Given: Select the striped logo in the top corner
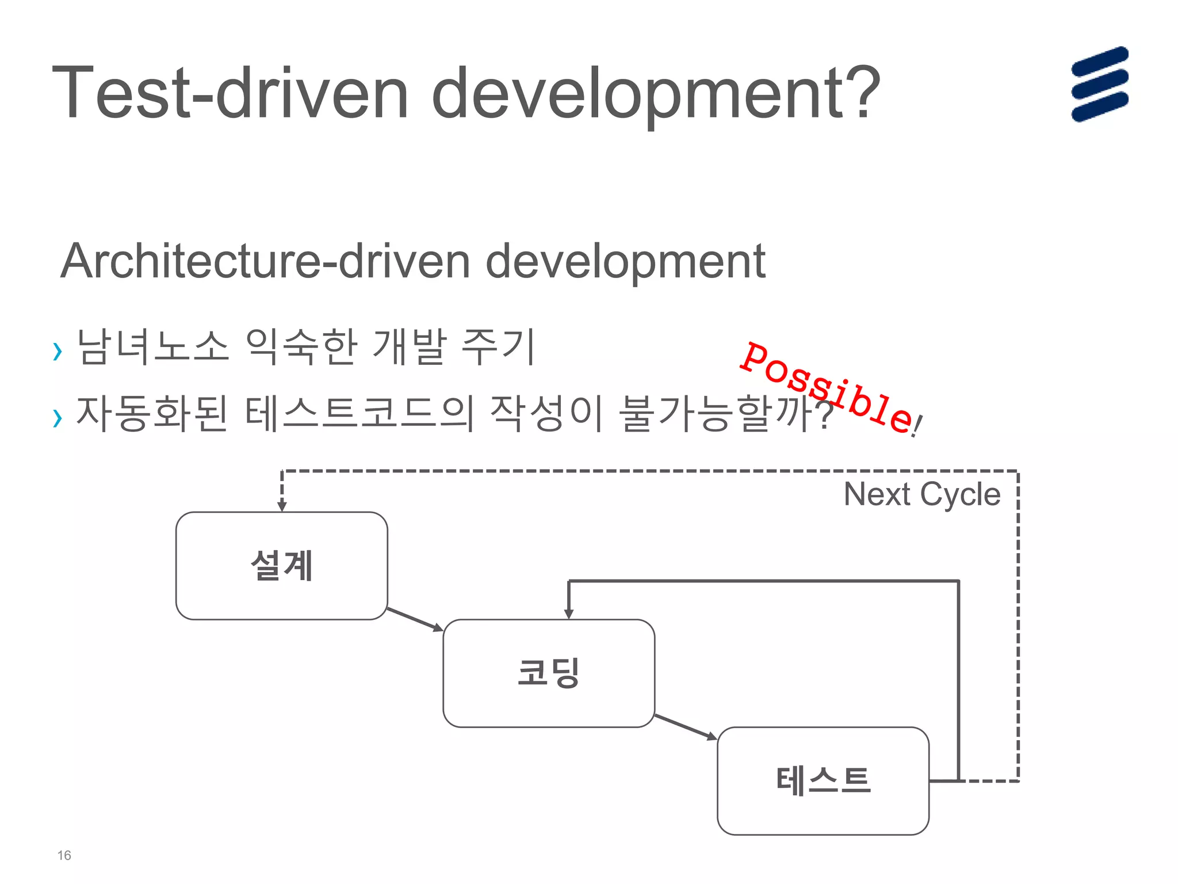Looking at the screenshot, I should pyautogui.click(x=1099, y=84).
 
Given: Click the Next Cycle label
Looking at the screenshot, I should pyautogui.click(x=921, y=494).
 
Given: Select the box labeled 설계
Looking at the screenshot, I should pyautogui.click(x=281, y=566).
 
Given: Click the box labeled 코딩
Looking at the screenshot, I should pyautogui.click(x=548, y=673).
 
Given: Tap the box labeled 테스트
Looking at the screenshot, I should pyautogui.click(x=823, y=781).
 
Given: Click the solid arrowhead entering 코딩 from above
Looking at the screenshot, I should pyautogui.click(x=569, y=614).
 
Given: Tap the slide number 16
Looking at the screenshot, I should pyautogui.click(x=64, y=855).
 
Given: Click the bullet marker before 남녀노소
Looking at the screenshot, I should pyautogui.click(x=57, y=350).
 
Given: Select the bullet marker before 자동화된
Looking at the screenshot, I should pyautogui.click(x=57, y=418).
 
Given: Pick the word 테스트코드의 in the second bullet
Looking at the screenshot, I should pyautogui.click(x=359, y=414).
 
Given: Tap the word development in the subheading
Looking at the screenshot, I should pyautogui.click(x=625, y=261).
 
